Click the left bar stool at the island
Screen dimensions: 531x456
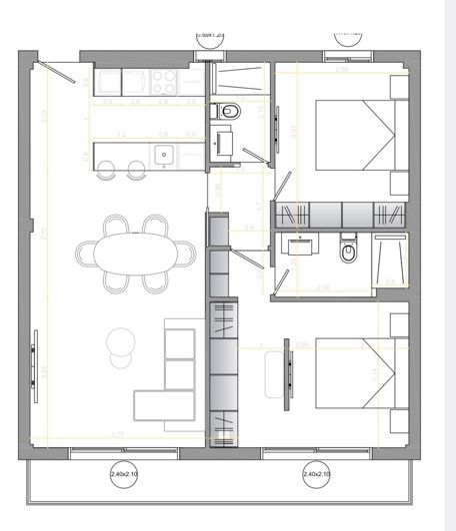[x=109, y=170]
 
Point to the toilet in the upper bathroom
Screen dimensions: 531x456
[x=229, y=112]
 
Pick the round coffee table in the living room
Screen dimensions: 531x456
[x=122, y=341]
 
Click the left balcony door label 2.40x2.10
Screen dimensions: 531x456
[x=125, y=474]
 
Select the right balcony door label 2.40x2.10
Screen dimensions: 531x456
[x=316, y=474]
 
